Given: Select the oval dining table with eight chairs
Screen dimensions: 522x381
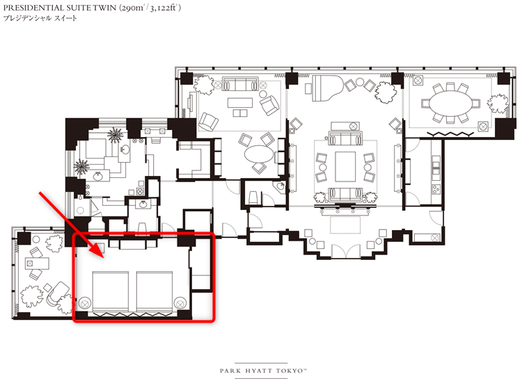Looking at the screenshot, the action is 451,104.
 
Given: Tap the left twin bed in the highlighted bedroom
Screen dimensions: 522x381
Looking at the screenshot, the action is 110,291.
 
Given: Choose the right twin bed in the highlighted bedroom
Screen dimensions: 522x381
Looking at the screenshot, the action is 155,291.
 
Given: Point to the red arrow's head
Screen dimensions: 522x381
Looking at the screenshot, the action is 99,251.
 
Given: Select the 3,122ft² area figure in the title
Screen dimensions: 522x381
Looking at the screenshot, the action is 164,8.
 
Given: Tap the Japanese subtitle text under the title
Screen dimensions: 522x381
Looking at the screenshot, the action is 40,18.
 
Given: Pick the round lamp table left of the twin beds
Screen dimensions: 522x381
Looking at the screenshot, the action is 84,303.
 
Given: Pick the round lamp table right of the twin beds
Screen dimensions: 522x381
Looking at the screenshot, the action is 180,303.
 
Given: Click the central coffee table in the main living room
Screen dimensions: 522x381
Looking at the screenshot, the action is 345,167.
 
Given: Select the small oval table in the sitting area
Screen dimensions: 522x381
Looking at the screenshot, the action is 259,154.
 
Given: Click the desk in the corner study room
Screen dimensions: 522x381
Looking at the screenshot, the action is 37,264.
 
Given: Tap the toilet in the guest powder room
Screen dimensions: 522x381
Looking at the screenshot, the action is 253,197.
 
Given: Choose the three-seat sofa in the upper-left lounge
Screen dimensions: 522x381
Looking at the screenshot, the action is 240,84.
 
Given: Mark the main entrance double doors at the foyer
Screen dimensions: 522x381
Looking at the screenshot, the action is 345,251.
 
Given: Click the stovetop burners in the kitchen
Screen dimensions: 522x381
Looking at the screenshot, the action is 436,188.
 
